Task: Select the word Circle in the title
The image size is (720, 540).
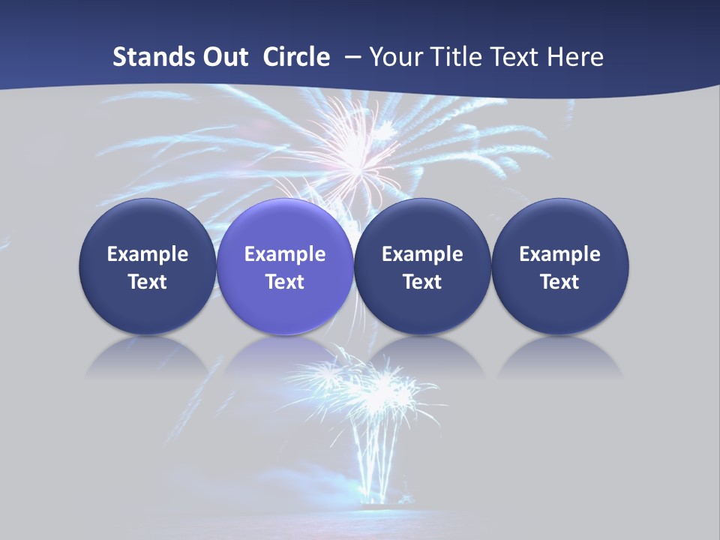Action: tap(296, 57)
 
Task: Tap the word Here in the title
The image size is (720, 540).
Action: tap(577, 57)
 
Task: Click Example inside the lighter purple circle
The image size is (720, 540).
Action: tap(285, 254)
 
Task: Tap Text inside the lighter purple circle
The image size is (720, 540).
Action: tap(285, 282)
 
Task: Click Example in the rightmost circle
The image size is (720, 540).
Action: tap(560, 254)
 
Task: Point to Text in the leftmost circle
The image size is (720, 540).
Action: tap(147, 282)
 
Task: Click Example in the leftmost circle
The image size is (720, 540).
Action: tap(147, 254)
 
